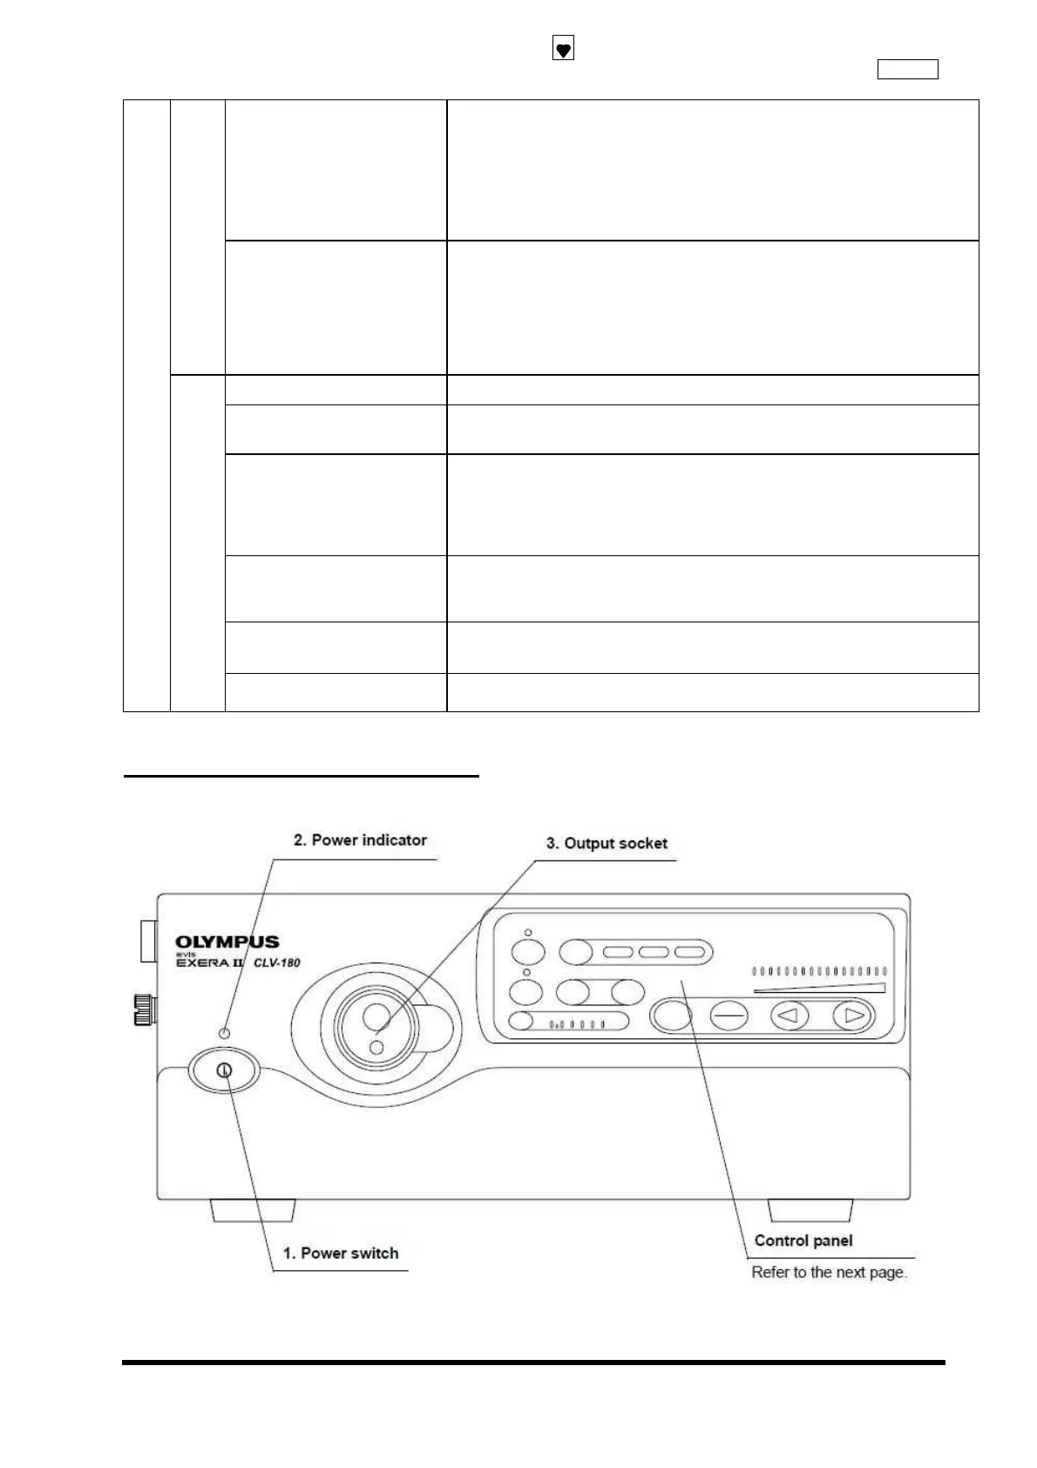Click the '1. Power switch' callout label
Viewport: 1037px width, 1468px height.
point(341,1254)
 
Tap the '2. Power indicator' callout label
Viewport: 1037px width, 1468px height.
point(360,840)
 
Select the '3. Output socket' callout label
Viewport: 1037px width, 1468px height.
point(607,844)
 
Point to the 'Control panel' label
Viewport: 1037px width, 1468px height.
point(803,1241)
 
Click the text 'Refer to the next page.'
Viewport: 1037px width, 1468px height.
point(829,1273)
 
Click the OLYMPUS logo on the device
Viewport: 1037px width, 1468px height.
point(227,942)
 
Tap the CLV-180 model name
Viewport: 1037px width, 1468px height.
point(276,963)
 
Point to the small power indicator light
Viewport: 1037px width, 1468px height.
point(225,1032)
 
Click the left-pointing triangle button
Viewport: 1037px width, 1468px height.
point(790,1016)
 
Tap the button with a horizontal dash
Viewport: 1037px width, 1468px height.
point(729,1016)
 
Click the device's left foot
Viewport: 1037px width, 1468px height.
point(253,1211)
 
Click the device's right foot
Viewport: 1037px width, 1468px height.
point(810,1211)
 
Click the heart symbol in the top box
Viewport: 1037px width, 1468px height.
point(564,51)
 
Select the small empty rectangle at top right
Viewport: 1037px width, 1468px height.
point(907,70)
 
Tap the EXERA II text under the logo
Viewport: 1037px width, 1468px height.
point(210,963)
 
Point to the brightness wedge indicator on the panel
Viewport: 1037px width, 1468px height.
point(820,989)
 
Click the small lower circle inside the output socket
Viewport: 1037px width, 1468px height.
point(376,1047)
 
